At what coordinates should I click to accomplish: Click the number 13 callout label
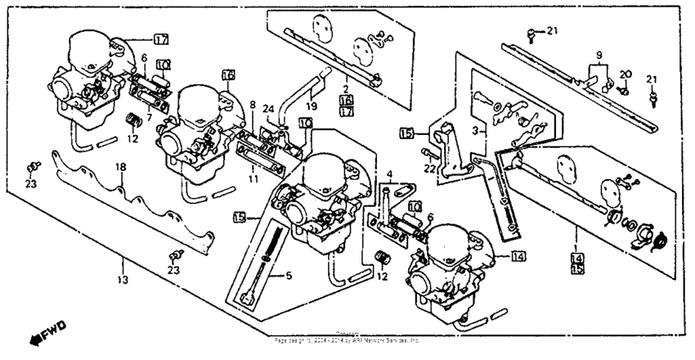[x=123, y=279]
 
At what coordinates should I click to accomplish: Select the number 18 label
[x=120, y=167]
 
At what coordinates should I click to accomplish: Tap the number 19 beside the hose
[x=312, y=106]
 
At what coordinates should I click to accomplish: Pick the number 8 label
[x=253, y=106]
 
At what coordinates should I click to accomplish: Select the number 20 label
[x=625, y=74]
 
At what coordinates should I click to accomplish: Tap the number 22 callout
[x=427, y=169]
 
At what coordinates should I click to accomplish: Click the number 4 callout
[x=390, y=173]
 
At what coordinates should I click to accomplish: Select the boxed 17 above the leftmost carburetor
[x=160, y=39]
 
